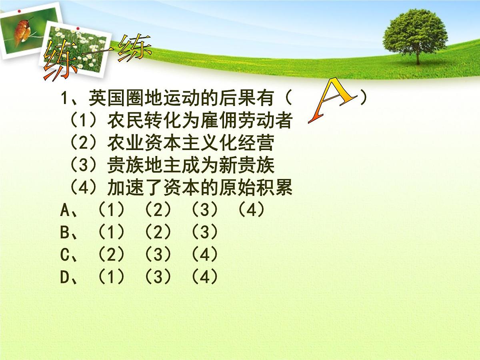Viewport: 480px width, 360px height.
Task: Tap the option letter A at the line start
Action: point(65,210)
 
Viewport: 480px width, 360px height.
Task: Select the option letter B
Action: point(65,232)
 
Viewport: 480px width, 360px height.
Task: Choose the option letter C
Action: point(65,255)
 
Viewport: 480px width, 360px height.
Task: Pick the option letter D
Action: point(65,277)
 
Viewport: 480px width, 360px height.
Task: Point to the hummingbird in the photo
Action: point(22,32)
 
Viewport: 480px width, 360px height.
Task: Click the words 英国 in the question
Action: point(98,98)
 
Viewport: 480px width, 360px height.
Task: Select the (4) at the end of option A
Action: point(251,210)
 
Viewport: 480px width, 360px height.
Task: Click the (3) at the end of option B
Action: point(204,232)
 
